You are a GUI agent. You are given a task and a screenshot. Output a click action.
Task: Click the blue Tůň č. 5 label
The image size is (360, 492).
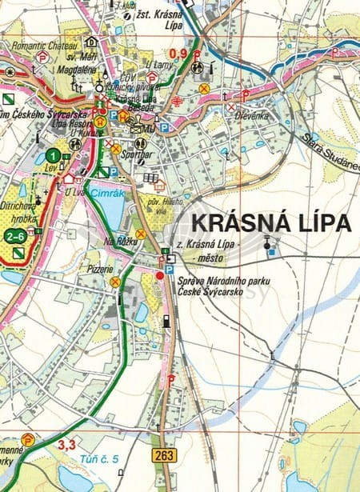point(99,458)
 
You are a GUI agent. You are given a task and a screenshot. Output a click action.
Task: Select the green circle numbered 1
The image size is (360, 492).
point(52,155)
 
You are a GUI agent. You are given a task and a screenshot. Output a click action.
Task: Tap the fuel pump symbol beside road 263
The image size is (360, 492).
point(166,321)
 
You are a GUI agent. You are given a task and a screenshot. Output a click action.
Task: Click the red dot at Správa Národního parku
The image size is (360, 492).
point(159,275)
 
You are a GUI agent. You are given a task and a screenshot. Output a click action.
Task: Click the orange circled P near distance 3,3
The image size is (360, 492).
point(28,438)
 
